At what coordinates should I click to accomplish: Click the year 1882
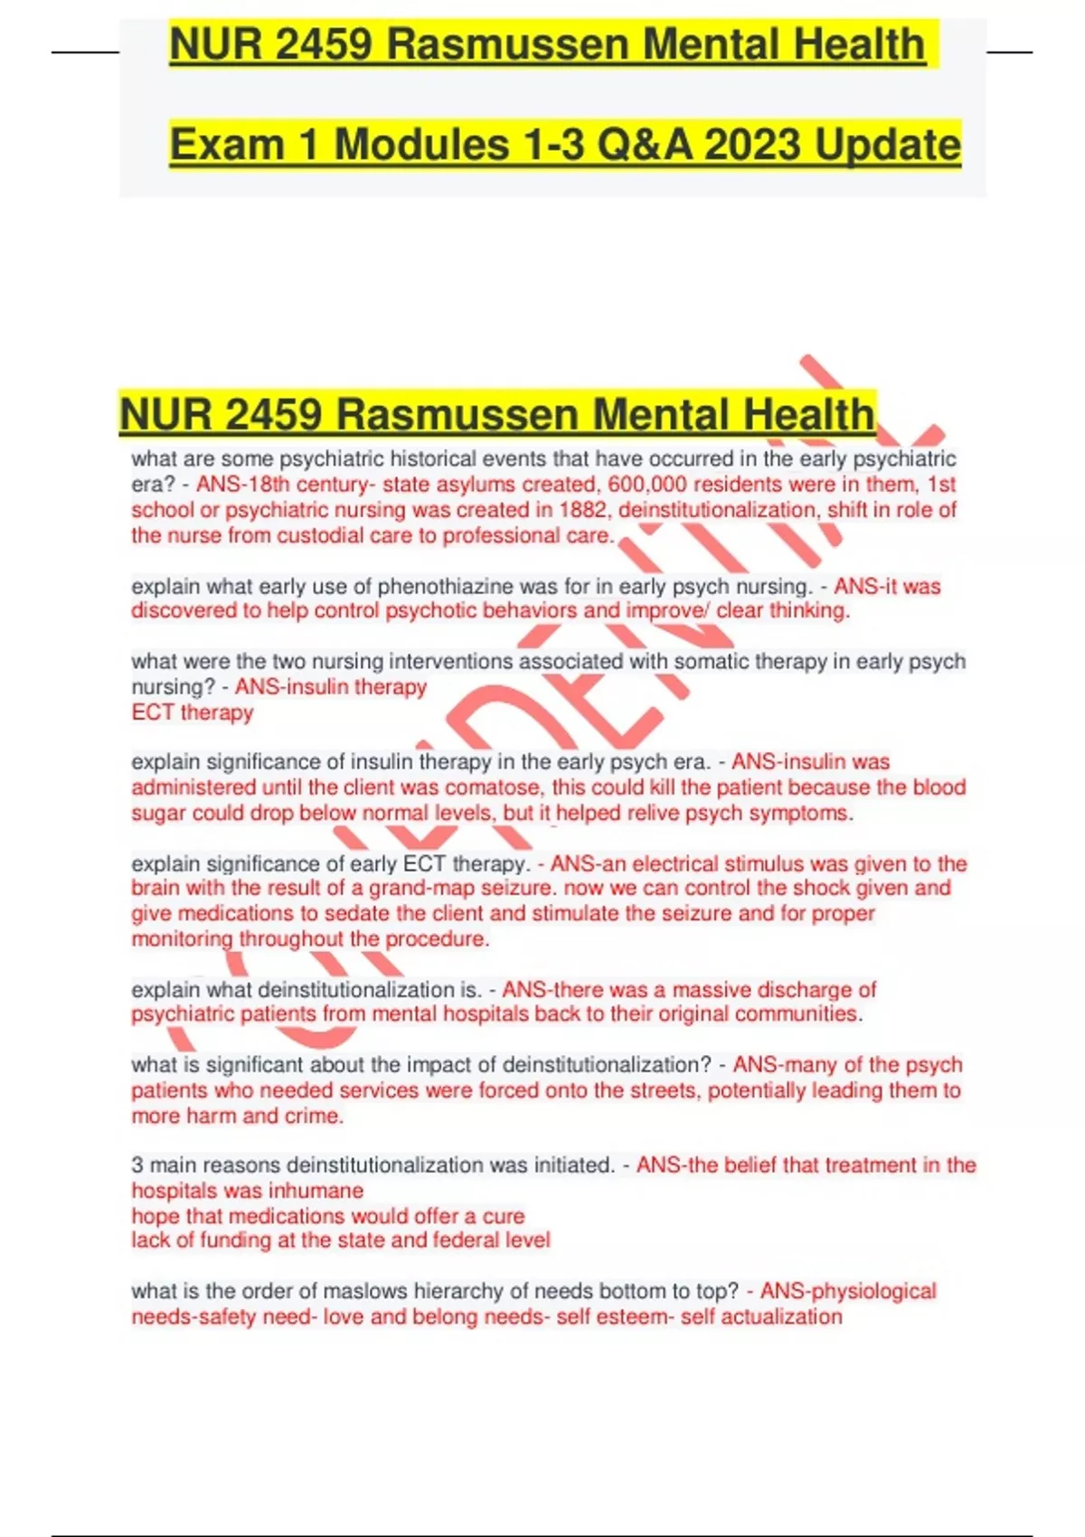[x=583, y=510]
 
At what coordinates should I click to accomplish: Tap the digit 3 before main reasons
[x=137, y=1165]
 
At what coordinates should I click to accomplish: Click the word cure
[x=504, y=1216]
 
